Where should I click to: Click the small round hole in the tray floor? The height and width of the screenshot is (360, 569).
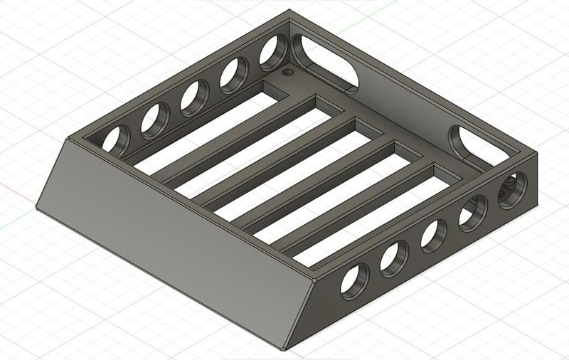pos(287,73)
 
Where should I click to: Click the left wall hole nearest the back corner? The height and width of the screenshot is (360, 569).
pos(272,53)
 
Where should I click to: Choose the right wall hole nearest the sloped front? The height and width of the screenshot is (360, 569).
pos(354,280)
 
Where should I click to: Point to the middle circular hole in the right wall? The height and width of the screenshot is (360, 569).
pos(433,235)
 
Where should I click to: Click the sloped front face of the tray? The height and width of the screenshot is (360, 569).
pos(171,228)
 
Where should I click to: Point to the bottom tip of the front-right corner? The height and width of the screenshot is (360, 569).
pos(284,349)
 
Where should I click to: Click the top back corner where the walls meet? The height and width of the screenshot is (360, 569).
pos(289,11)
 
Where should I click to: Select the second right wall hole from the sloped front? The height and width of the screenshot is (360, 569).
pos(393,258)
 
